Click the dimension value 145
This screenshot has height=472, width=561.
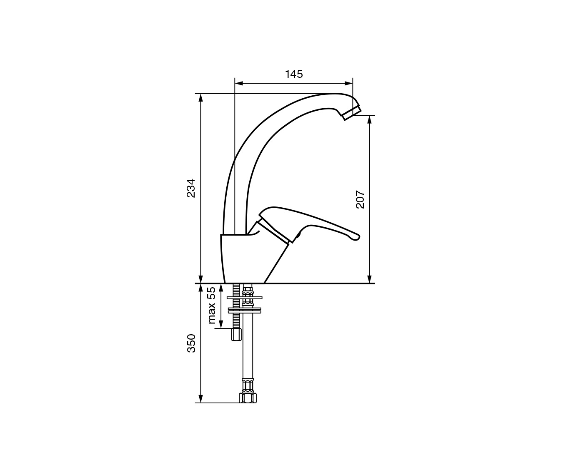click(294, 74)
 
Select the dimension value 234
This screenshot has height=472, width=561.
click(191, 188)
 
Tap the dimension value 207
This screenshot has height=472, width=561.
click(360, 200)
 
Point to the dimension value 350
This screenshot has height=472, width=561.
click(191, 343)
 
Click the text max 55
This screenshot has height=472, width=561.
click(212, 306)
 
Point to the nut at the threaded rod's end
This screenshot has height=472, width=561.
click(236, 335)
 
